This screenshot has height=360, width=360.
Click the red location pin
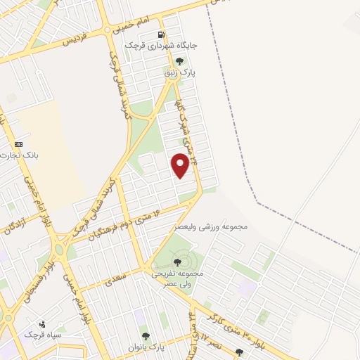(x=181, y=165)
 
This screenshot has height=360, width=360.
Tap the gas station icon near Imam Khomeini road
(x=162, y=34)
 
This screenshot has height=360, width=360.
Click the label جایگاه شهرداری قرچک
(x=161, y=46)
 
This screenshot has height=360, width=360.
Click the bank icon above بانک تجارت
(x=18, y=143)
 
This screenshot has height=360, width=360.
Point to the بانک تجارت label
(x=18, y=154)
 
